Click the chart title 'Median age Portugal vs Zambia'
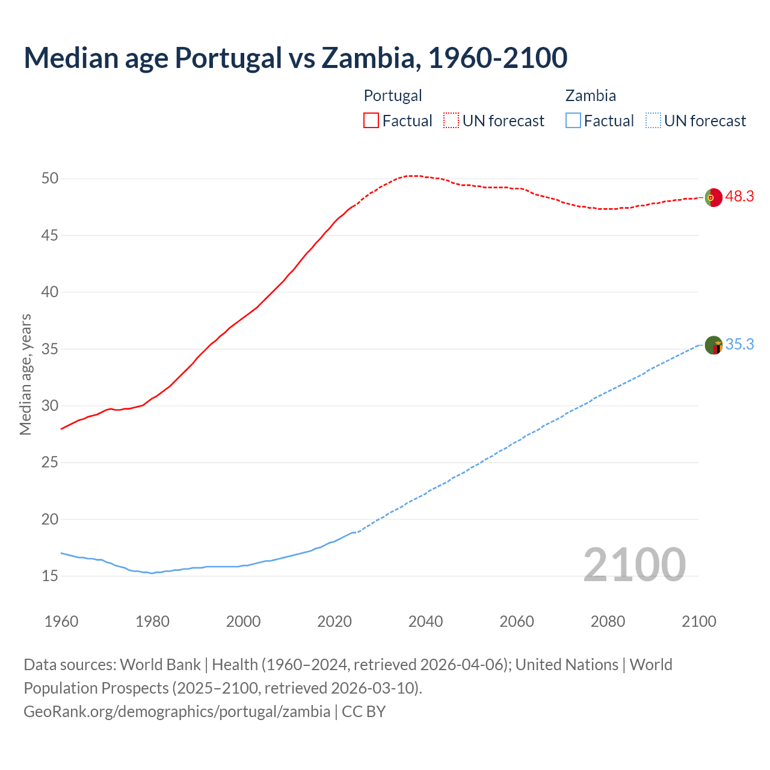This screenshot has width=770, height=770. [x=295, y=58]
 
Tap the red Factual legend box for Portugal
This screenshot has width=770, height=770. [x=371, y=120]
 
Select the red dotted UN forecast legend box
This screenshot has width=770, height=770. [x=451, y=120]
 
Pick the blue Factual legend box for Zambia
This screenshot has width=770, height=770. [x=573, y=120]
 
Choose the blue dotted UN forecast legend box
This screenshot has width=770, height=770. [x=653, y=120]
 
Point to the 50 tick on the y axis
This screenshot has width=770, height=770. [x=50, y=178]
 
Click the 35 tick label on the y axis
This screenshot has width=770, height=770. [x=50, y=349]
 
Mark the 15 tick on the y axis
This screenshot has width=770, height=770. [x=50, y=576]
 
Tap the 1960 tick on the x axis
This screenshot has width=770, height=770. [x=61, y=621]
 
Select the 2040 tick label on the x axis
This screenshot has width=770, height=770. [x=425, y=621]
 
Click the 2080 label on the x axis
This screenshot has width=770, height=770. [x=608, y=621]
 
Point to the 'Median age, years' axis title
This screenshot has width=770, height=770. [x=25, y=374]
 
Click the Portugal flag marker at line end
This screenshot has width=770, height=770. [x=713, y=197]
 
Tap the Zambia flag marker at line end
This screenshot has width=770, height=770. [x=713, y=345]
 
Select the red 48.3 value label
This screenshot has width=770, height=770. [x=739, y=197]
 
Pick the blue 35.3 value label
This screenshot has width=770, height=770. [x=739, y=344]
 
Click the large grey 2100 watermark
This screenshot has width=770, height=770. [x=634, y=564]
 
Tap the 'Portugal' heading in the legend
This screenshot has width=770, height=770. [x=393, y=96]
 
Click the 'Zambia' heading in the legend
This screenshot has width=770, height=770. [x=590, y=96]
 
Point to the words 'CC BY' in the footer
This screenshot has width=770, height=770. [x=363, y=712]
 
